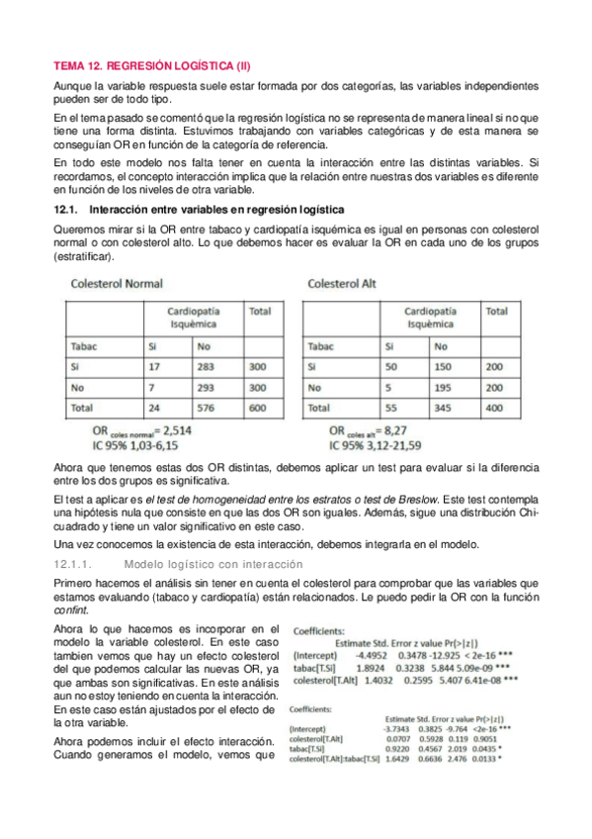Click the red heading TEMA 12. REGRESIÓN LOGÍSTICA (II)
click(x=151, y=67)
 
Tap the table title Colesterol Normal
click(x=117, y=284)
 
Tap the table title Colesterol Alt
click(x=343, y=284)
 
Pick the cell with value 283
click(x=208, y=366)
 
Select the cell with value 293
click(x=208, y=387)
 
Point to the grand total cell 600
click(x=259, y=407)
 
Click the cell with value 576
click(x=208, y=407)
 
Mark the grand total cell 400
click(x=495, y=407)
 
